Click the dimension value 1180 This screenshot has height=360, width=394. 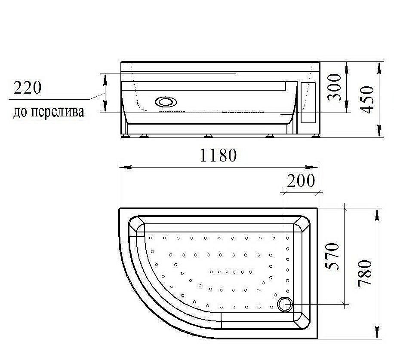tap(218, 155)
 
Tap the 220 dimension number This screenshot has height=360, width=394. tap(27, 88)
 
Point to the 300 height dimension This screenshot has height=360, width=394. tap(334, 87)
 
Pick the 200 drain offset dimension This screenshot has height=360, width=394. tap(301, 181)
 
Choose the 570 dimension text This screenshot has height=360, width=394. tap(333, 256)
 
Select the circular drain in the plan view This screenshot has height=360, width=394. tap(285, 304)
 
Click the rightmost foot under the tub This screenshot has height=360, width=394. tap(316, 137)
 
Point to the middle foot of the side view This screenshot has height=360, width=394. tap(209, 137)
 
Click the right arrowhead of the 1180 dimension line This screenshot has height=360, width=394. tap(315, 167)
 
